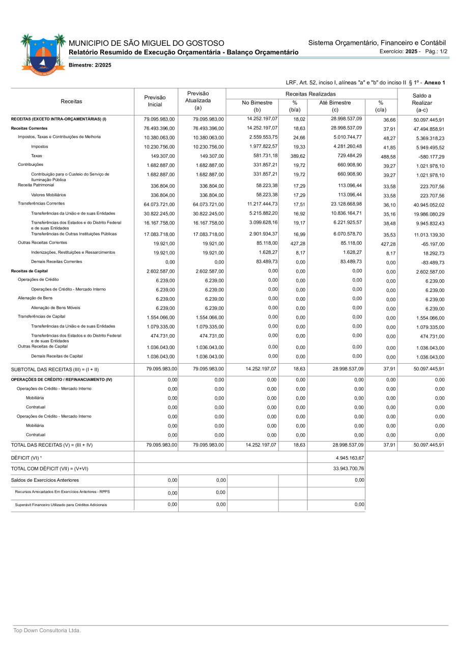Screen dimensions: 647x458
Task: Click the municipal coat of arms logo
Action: click(43, 52)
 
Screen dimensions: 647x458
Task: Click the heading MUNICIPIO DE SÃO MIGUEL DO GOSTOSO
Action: click(146, 43)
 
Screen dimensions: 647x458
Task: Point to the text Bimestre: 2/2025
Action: click(90, 65)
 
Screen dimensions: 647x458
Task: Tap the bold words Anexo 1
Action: click(435, 82)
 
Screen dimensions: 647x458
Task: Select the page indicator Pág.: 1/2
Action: click(436, 51)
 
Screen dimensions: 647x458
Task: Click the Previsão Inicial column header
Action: click(155, 101)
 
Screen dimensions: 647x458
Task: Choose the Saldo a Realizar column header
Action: click(422, 103)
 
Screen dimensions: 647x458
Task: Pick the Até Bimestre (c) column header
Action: click(335, 106)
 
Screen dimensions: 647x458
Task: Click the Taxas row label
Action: click(37, 156)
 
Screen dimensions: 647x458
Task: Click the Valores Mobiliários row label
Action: click(48, 195)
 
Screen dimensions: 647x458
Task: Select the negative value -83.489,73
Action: click(430, 262)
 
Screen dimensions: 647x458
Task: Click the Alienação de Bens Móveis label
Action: click(55, 308)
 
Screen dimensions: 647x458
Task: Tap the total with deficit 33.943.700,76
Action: click(348, 468)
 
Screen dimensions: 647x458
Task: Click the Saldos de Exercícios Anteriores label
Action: click(45, 480)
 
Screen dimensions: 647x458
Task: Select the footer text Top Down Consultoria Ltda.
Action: click(47, 631)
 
